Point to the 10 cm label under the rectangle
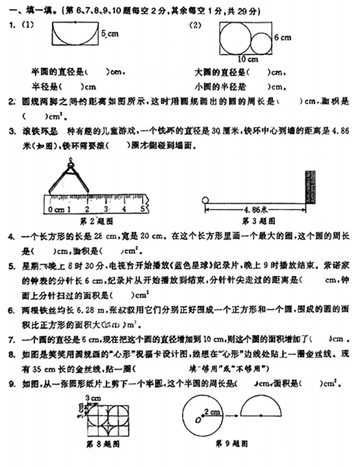pyautogui.click(x=247, y=59)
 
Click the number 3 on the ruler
pyautogui.click(x=106, y=210)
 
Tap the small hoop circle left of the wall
pyautogui.click(x=205, y=200)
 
